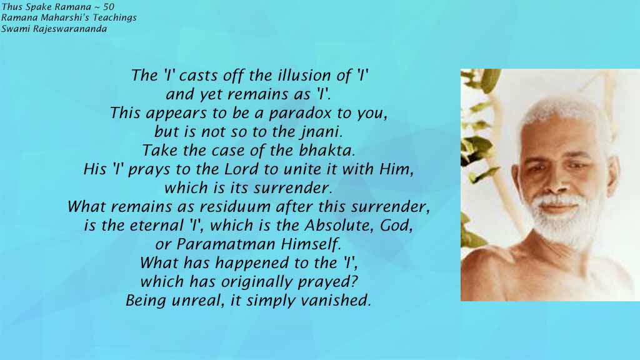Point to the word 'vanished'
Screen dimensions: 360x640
pos(340,301)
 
